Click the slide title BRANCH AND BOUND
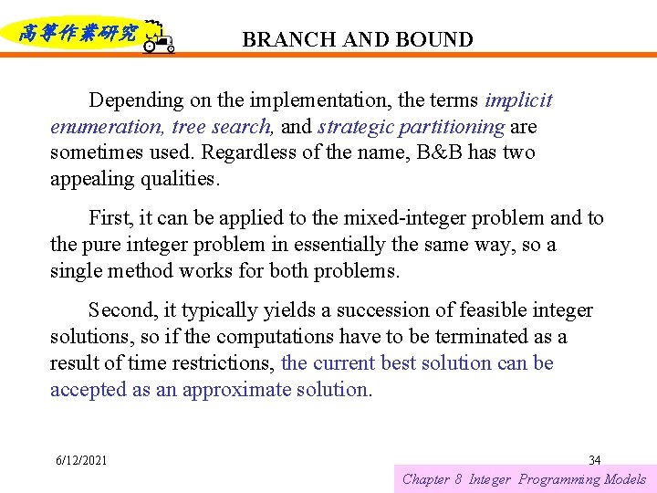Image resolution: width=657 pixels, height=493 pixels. tap(358, 40)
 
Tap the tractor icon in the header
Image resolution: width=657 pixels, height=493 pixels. tap(158, 37)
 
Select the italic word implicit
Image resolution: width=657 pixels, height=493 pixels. tap(518, 100)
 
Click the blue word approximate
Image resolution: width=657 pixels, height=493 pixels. tap(232, 390)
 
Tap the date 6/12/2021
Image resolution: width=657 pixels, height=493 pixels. tap(81, 460)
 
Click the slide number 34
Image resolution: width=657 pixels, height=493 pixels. tap(595, 460)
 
